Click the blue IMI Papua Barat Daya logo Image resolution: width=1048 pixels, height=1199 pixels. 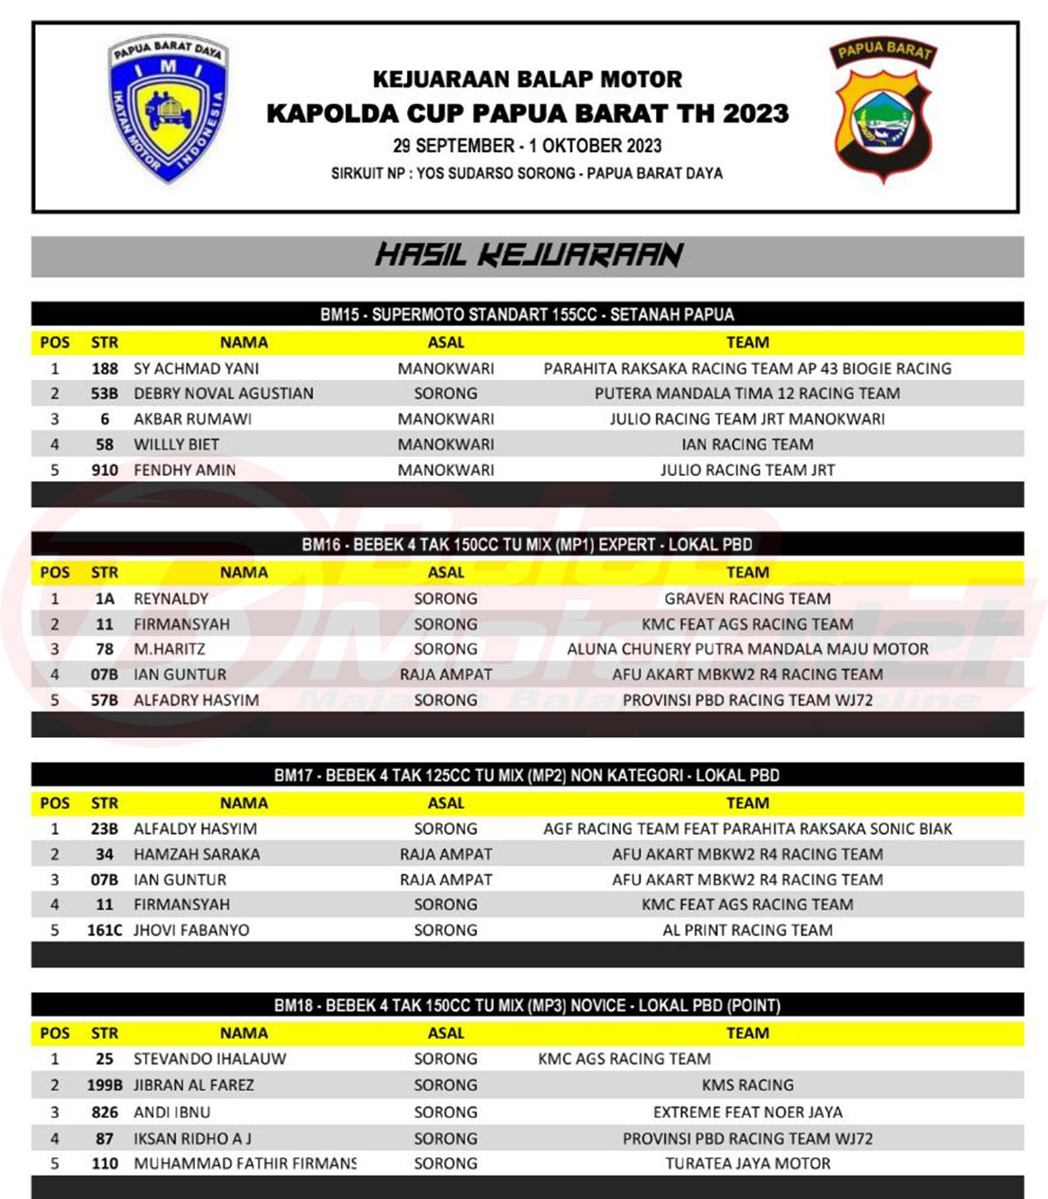point(168,108)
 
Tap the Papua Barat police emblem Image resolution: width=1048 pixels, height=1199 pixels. point(882,111)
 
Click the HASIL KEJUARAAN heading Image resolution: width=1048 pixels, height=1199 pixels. point(527,255)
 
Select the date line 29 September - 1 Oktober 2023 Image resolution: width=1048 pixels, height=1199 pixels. point(527,146)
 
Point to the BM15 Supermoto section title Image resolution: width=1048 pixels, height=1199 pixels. point(527,314)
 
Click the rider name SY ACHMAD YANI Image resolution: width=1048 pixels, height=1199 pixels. point(196,369)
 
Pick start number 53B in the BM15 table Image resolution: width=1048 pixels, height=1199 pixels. point(104,394)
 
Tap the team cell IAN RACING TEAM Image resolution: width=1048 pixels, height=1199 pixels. point(748,444)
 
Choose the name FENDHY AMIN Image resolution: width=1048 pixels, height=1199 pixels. point(184,470)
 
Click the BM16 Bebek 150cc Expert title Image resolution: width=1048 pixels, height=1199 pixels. point(527,545)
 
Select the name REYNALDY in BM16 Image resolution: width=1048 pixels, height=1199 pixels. point(171,599)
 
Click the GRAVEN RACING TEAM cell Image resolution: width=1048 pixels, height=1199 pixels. point(748,599)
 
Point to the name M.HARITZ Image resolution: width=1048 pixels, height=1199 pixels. point(169,649)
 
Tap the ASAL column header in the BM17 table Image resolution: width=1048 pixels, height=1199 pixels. point(445,803)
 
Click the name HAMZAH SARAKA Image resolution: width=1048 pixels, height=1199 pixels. point(196,854)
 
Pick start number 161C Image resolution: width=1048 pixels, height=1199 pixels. point(104,930)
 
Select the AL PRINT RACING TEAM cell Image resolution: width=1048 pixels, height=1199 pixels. point(748,930)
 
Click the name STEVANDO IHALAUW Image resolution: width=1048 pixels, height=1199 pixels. point(210,1059)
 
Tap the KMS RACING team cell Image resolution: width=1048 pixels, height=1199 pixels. point(748,1085)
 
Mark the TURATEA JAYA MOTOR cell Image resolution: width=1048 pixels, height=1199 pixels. point(748,1163)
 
